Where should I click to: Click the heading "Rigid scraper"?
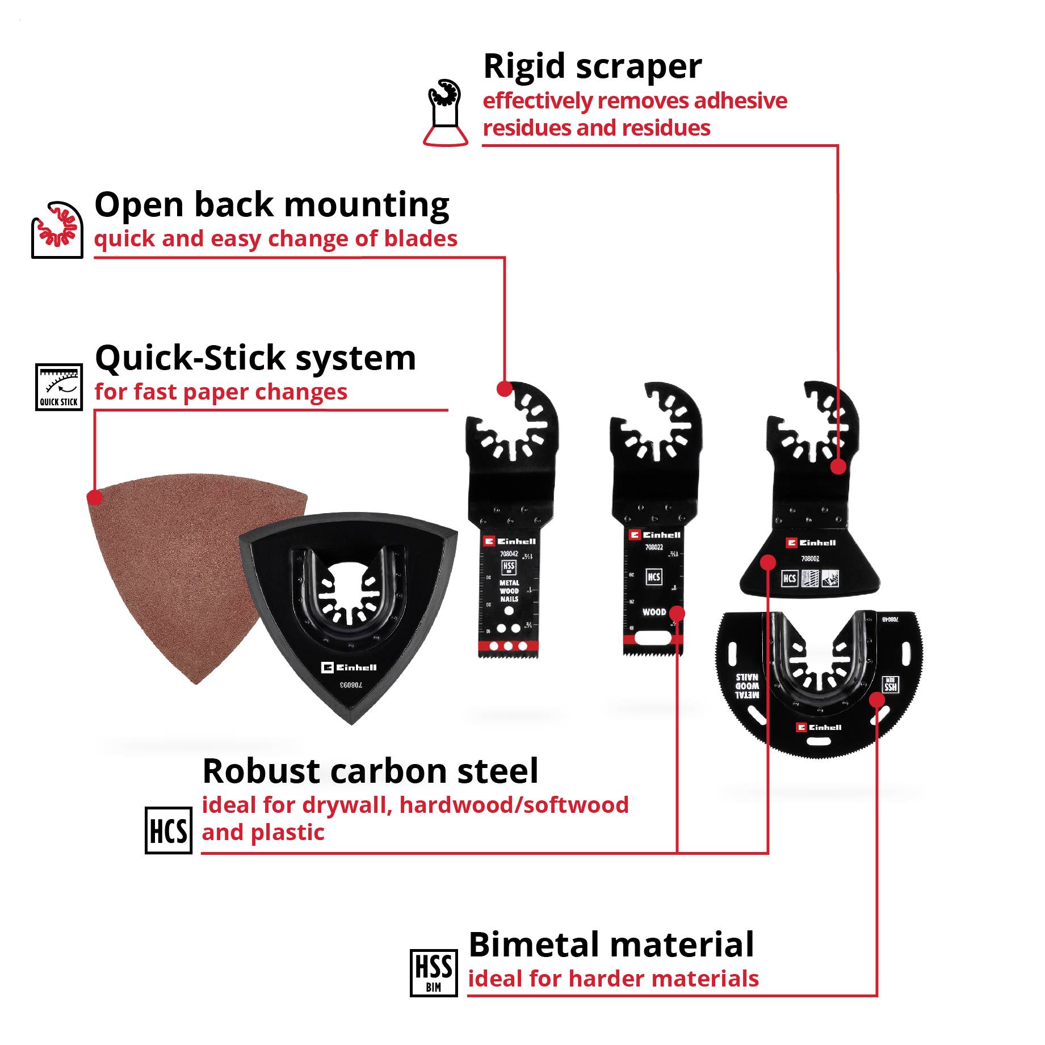592,67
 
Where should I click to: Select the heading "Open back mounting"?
272,205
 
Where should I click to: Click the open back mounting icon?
57,229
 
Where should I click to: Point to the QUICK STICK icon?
58,387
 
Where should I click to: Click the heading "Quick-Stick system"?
255,358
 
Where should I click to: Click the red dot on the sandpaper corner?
95,498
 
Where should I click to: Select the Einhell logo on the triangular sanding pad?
349,668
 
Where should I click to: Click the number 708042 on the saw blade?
509,553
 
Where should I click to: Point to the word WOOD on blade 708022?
653,612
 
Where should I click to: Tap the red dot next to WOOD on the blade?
677,614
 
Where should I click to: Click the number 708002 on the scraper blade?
810,559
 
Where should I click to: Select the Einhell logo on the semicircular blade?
819,727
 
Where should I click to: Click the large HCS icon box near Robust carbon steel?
168,830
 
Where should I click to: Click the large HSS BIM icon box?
434,972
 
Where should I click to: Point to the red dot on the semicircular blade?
877,699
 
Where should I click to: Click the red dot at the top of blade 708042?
504,389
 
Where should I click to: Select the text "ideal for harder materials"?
613,979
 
